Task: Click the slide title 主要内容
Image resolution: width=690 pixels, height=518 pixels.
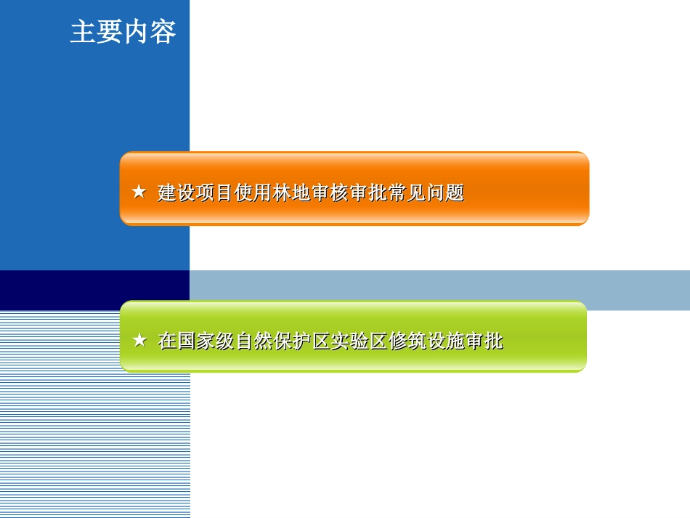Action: point(123,33)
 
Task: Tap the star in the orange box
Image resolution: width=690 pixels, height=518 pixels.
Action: point(139,193)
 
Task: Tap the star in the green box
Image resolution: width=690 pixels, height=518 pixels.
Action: point(139,340)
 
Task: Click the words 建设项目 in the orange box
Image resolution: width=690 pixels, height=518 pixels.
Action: point(195,193)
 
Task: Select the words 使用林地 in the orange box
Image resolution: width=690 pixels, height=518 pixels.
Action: point(272,193)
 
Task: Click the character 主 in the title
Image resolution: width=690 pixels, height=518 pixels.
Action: point(83,33)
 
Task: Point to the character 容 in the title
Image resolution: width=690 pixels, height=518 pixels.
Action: point(163,33)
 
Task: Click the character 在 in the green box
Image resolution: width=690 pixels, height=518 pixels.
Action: point(167,341)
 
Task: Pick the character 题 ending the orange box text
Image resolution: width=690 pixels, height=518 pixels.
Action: point(455,193)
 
